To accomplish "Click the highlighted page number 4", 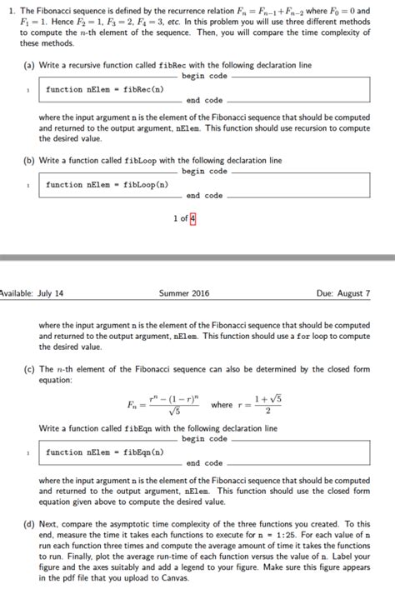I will (193, 219).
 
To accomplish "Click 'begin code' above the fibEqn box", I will (204, 438).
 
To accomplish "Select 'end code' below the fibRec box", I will (204, 101).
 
